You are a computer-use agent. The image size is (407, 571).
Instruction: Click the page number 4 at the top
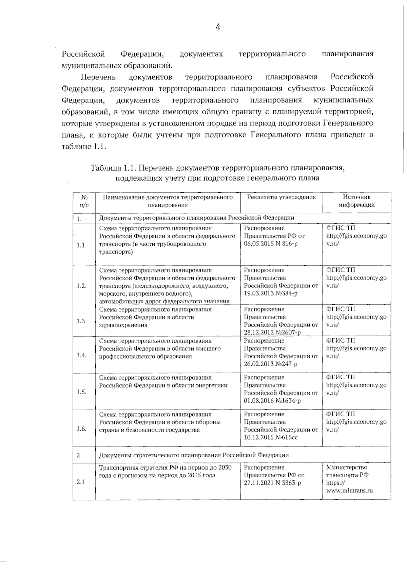point(218,27)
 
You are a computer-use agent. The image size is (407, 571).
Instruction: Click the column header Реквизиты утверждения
point(281,197)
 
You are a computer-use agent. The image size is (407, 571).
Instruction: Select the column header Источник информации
point(356,201)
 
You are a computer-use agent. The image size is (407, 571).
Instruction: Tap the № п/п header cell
point(84,201)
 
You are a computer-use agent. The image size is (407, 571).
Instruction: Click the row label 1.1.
point(81,245)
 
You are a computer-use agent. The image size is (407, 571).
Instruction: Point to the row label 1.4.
point(81,355)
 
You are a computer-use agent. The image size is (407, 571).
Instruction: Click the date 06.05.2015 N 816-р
point(271,244)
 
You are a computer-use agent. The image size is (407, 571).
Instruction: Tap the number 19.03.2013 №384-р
point(271,293)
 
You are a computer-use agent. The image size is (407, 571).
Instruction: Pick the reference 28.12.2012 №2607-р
point(272,333)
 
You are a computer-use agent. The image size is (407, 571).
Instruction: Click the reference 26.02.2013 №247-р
point(271,364)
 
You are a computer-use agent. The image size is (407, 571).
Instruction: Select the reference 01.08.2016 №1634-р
point(272,401)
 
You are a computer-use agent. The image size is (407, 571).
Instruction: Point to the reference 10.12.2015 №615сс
point(271,438)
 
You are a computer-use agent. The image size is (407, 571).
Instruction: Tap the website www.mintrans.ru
point(349,491)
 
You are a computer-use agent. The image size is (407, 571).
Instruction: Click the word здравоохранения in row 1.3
point(123,325)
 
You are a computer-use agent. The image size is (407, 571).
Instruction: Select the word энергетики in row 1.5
point(212,385)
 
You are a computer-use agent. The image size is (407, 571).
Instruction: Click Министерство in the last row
point(346,468)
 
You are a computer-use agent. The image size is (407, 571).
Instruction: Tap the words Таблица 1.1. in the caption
point(113,168)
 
